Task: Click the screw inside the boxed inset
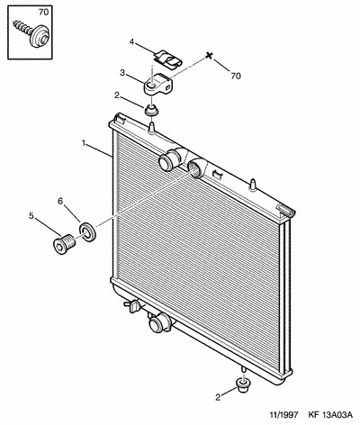(32, 32)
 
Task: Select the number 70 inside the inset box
(43, 13)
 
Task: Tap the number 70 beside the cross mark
(236, 77)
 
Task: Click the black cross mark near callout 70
(210, 56)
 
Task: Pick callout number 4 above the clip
(131, 41)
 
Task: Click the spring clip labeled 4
(168, 59)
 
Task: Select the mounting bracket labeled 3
(158, 84)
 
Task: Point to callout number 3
(122, 73)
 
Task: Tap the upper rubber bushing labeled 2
(151, 111)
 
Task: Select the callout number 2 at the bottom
(218, 397)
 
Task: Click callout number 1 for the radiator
(84, 143)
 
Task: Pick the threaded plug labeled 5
(65, 243)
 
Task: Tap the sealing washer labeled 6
(87, 231)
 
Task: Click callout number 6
(60, 201)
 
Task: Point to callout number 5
(31, 215)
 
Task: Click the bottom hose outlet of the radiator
(160, 322)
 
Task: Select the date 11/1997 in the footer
(284, 415)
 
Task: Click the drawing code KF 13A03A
(330, 415)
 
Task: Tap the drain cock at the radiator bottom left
(132, 306)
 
